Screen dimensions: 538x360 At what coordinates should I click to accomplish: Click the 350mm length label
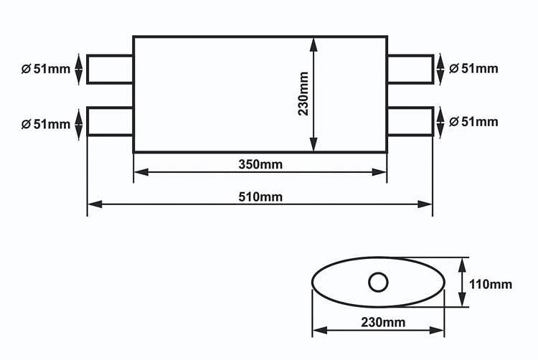coord(260,164)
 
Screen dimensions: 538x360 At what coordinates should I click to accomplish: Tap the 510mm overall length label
coord(260,197)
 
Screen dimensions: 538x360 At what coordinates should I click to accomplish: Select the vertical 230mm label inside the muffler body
coord(303,94)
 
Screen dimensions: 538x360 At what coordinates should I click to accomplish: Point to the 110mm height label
coord(491,284)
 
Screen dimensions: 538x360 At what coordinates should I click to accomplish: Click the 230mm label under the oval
coord(383,322)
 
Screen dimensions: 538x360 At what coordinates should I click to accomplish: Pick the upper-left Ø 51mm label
coord(46,69)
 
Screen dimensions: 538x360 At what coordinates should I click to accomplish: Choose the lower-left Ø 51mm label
coord(46,124)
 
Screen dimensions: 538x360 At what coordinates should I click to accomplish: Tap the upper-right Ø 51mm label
coord(473,69)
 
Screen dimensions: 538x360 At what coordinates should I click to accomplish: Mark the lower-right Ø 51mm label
coord(473,122)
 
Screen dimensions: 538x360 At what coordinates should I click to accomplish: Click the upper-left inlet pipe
coord(110,55)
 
